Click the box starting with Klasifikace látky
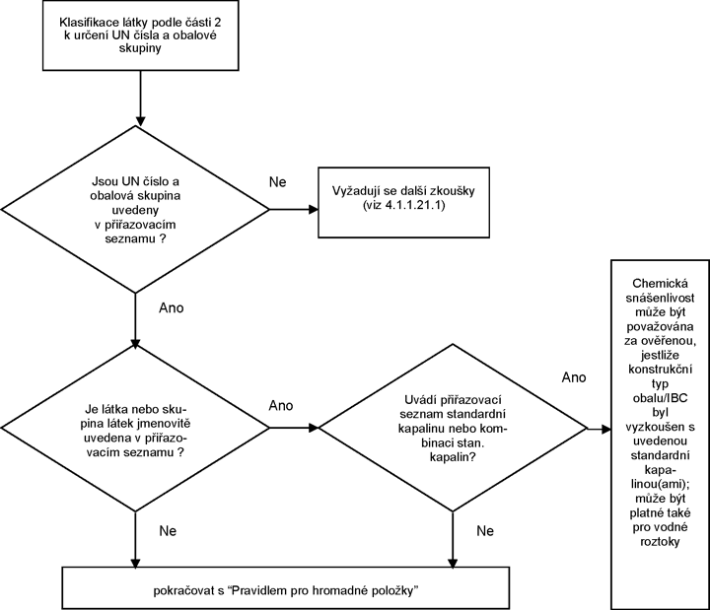(x=140, y=35)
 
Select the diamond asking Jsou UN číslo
(x=135, y=210)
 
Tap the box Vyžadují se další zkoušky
(x=403, y=202)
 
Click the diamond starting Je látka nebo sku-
(x=135, y=428)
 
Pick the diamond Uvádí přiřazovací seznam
(x=453, y=428)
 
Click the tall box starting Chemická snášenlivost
(x=660, y=435)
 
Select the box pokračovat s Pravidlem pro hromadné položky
(x=286, y=587)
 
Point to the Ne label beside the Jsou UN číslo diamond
(x=277, y=182)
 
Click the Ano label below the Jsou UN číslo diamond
(x=172, y=308)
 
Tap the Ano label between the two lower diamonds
(x=281, y=405)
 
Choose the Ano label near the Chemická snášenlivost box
(x=574, y=377)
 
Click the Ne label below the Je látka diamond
(x=168, y=531)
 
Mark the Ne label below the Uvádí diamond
(x=485, y=531)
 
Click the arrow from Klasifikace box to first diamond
(x=140, y=99)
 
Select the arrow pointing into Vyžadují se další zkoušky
(x=294, y=210)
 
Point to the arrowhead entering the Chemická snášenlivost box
(x=606, y=429)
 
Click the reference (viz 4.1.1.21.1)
(x=403, y=205)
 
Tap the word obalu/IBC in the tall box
(x=660, y=398)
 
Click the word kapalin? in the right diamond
(x=453, y=457)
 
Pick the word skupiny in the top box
(x=140, y=49)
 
